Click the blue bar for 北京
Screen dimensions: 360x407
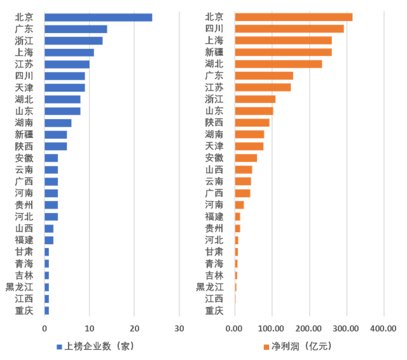pos(99,17)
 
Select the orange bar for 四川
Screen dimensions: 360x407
pos(289,29)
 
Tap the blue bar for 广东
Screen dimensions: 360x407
pos(76,29)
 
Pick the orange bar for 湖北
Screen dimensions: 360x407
pos(279,64)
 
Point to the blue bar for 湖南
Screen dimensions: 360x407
pos(58,122)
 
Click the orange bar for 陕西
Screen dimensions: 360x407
pos(252,122)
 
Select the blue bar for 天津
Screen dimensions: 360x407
pos(65,87)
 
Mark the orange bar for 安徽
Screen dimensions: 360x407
pos(246,157)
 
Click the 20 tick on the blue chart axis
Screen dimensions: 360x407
pos(134,328)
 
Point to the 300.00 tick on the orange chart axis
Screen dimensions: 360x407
pos(347,328)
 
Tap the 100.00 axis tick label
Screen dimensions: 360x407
pos(272,328)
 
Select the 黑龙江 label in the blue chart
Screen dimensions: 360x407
pos(19,286)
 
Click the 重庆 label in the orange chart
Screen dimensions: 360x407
pos(214,310)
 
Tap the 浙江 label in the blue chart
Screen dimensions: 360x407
pos(24,40)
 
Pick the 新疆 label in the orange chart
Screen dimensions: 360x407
pos(214,52)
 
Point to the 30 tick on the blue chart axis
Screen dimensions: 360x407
pos(179,328)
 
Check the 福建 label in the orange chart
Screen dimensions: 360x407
pos(214,216)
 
